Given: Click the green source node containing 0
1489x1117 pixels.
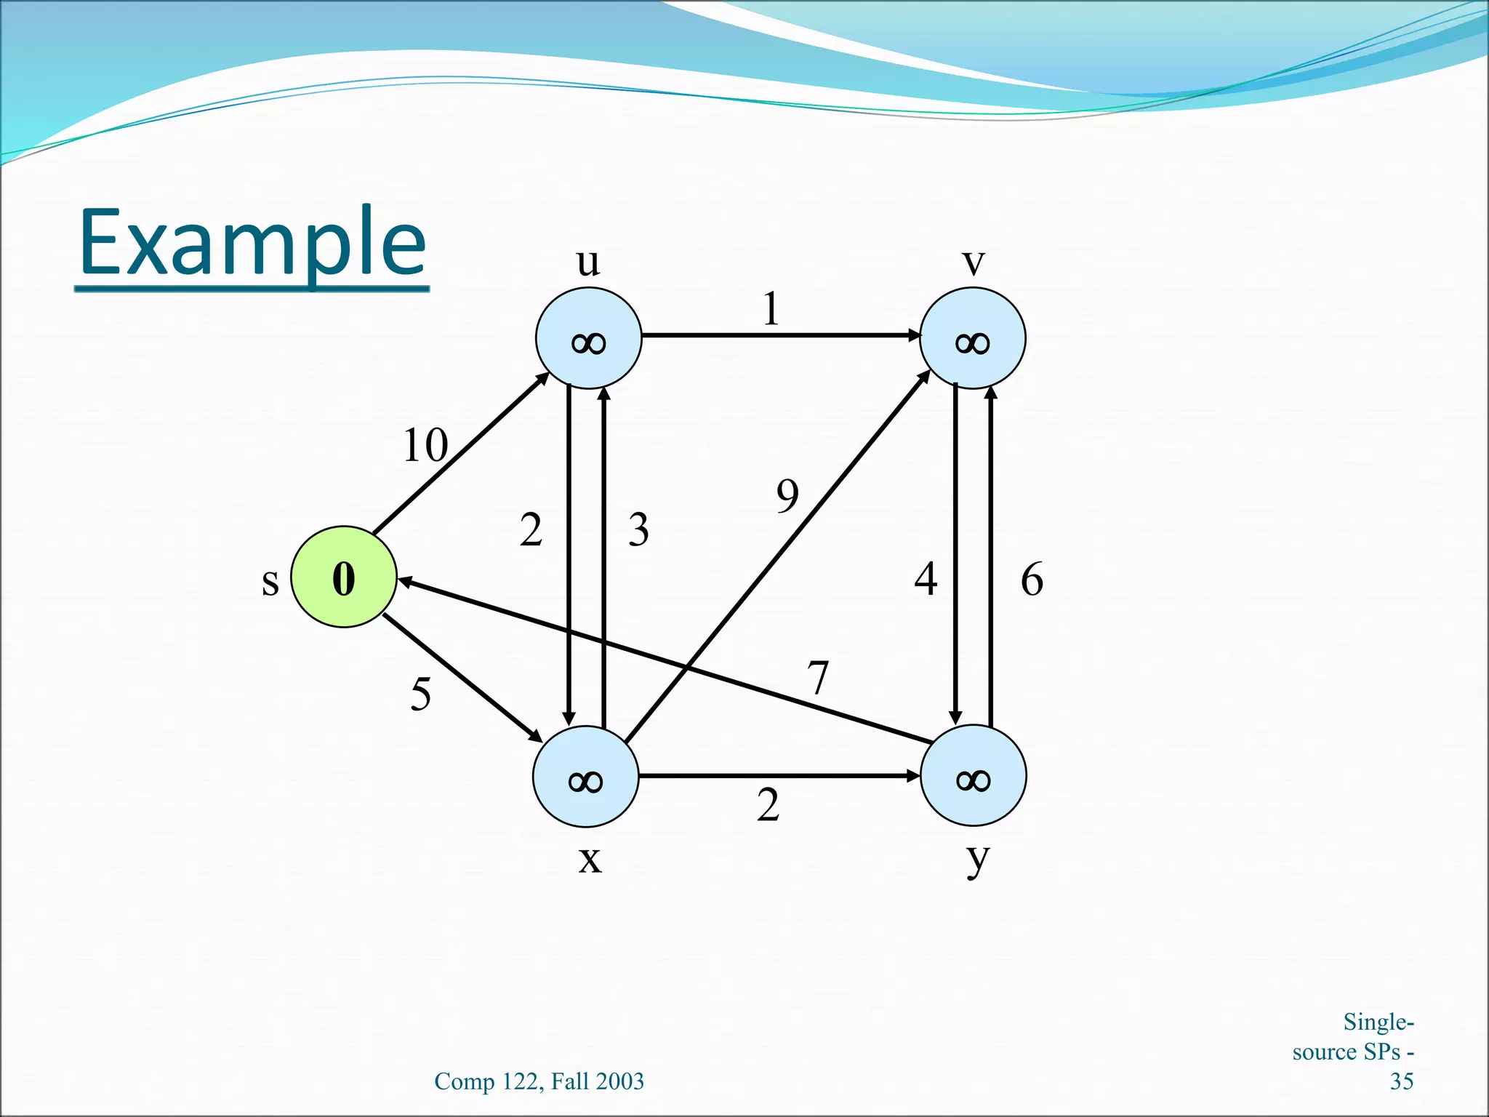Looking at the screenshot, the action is point(344,577).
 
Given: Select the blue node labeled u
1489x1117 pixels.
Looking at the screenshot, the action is point(588,338).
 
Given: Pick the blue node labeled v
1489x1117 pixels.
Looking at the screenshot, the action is point(973,338).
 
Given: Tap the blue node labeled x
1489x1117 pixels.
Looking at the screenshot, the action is point(586,777).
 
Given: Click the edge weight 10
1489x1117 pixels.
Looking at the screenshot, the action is point(425,445).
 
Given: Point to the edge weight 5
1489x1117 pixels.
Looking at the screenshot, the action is point(421,693).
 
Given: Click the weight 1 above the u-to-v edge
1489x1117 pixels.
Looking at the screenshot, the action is point(771,309).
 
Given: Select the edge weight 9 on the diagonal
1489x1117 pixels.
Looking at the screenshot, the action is point(787,496).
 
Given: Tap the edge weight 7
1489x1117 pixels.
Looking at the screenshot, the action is point(819,677).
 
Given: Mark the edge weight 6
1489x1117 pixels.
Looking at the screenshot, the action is point(1032,580).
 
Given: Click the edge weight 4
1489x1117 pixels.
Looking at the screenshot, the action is point(926,580).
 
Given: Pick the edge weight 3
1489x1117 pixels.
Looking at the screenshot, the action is point(638,529).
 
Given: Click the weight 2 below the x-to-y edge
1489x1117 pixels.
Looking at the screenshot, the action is point(768,805).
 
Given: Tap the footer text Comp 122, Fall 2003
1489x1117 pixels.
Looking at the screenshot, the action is point(539,1081).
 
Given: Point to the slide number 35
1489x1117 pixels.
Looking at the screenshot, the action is point(1401,1081).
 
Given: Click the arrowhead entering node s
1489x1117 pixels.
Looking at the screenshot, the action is point(404,581).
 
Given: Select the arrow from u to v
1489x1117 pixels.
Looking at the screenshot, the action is point(778,335).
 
